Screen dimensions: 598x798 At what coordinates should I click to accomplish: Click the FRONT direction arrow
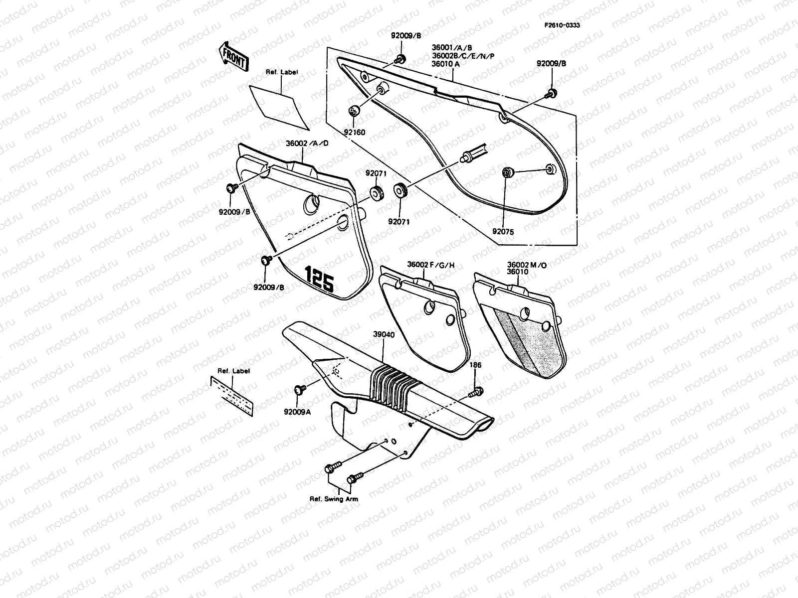233,56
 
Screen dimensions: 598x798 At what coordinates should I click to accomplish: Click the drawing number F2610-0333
562,25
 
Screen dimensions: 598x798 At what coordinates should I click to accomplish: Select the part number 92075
503,232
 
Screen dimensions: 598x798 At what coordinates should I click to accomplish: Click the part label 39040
384,335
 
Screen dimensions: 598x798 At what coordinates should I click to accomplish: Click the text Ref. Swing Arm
334,499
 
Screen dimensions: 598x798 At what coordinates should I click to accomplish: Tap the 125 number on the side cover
320,280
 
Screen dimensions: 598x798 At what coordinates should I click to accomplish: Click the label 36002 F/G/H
431,265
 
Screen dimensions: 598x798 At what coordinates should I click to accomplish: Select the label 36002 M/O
527,265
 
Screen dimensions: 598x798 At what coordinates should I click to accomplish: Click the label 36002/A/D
307,143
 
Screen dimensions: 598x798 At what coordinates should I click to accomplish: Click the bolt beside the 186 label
475,393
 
